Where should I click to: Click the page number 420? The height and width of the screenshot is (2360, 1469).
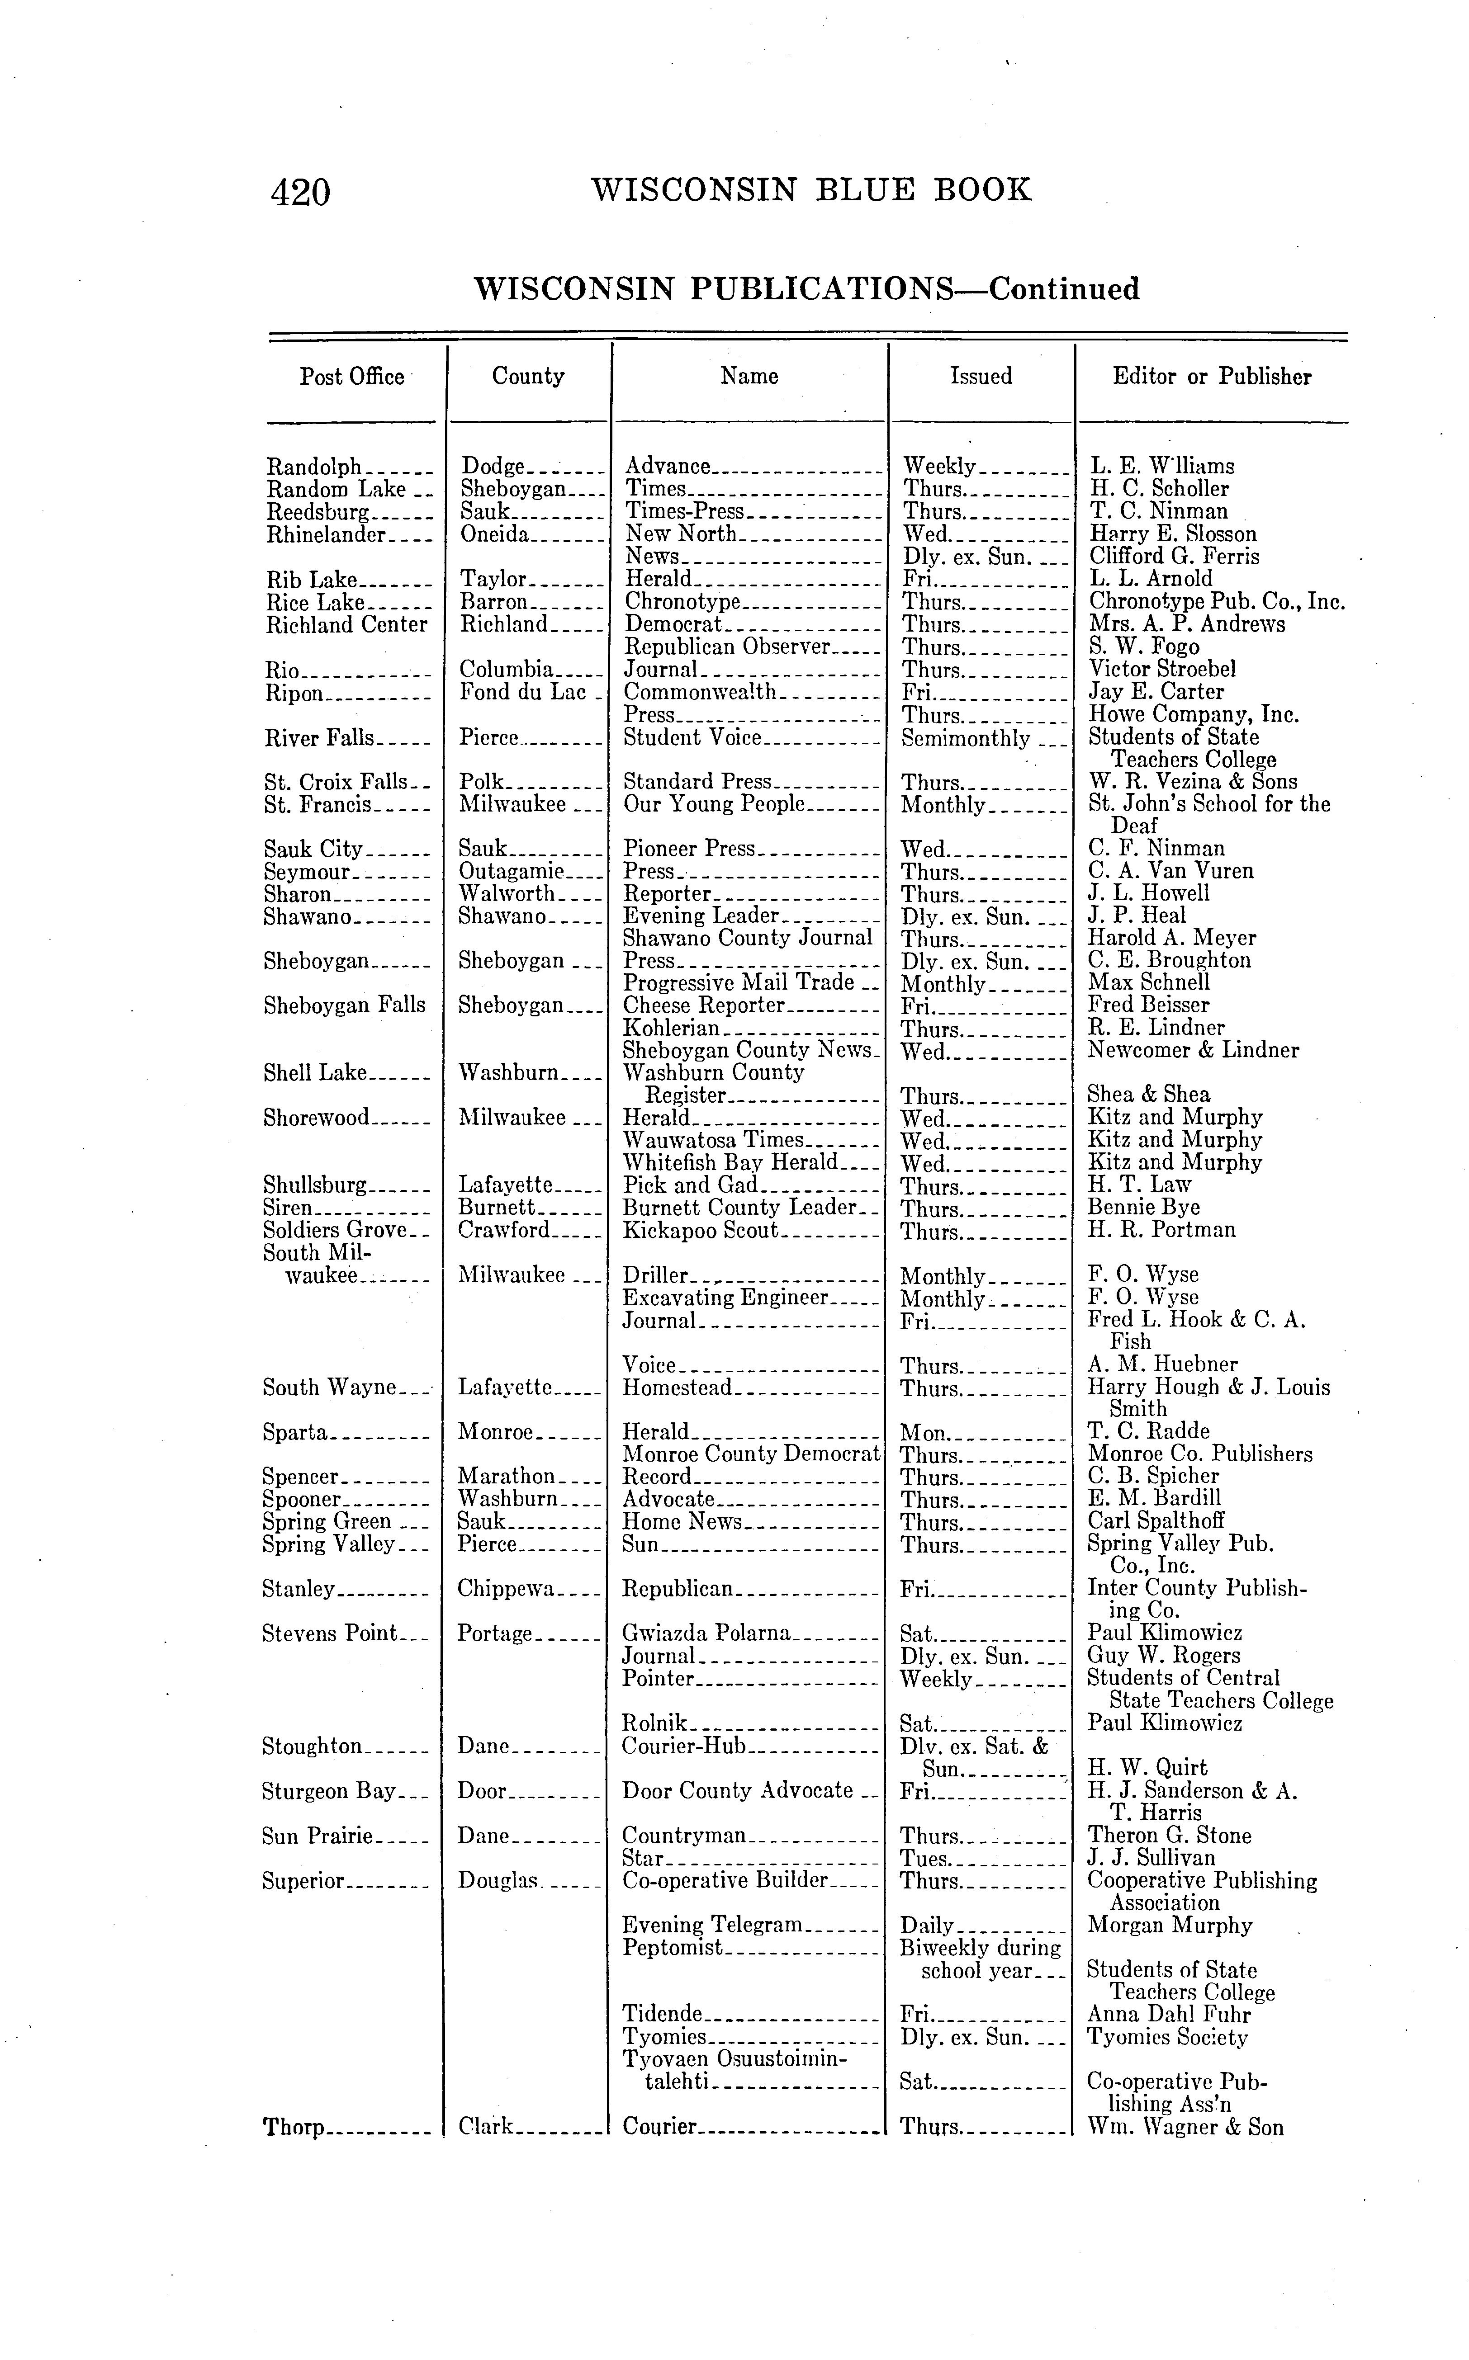tap(301, 191)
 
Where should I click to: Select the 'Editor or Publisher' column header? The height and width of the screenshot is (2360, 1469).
tap(1212, 377)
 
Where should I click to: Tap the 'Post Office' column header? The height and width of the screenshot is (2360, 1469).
tap(352, 377)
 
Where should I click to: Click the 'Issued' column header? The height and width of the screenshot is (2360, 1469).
tap(980, 377)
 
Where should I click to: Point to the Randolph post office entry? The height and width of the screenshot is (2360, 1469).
tap(314, 467)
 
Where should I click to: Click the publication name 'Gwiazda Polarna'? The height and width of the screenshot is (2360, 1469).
tap(706, 1633)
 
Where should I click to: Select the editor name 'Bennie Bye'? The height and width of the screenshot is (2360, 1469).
tap(1143, 1207)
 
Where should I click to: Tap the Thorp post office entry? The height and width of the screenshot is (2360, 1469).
tap(294, 2128)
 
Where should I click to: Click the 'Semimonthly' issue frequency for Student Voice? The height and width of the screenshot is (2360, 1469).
tap(965, 738)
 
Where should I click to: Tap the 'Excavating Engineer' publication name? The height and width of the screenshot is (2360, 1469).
tap(725, 1298)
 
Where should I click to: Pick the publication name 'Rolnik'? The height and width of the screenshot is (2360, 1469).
tap(655, 1723)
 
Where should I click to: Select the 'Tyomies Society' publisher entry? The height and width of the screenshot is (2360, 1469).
tap(1167, 2037)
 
